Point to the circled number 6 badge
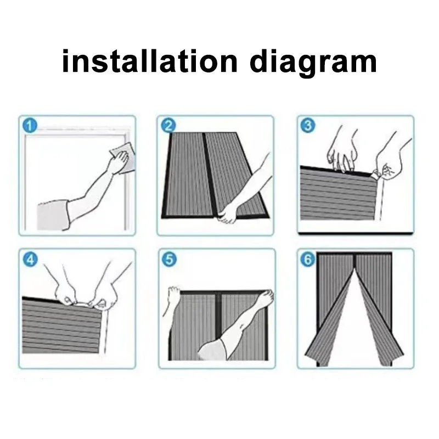coord(308,260)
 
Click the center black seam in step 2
coord(202,176)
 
